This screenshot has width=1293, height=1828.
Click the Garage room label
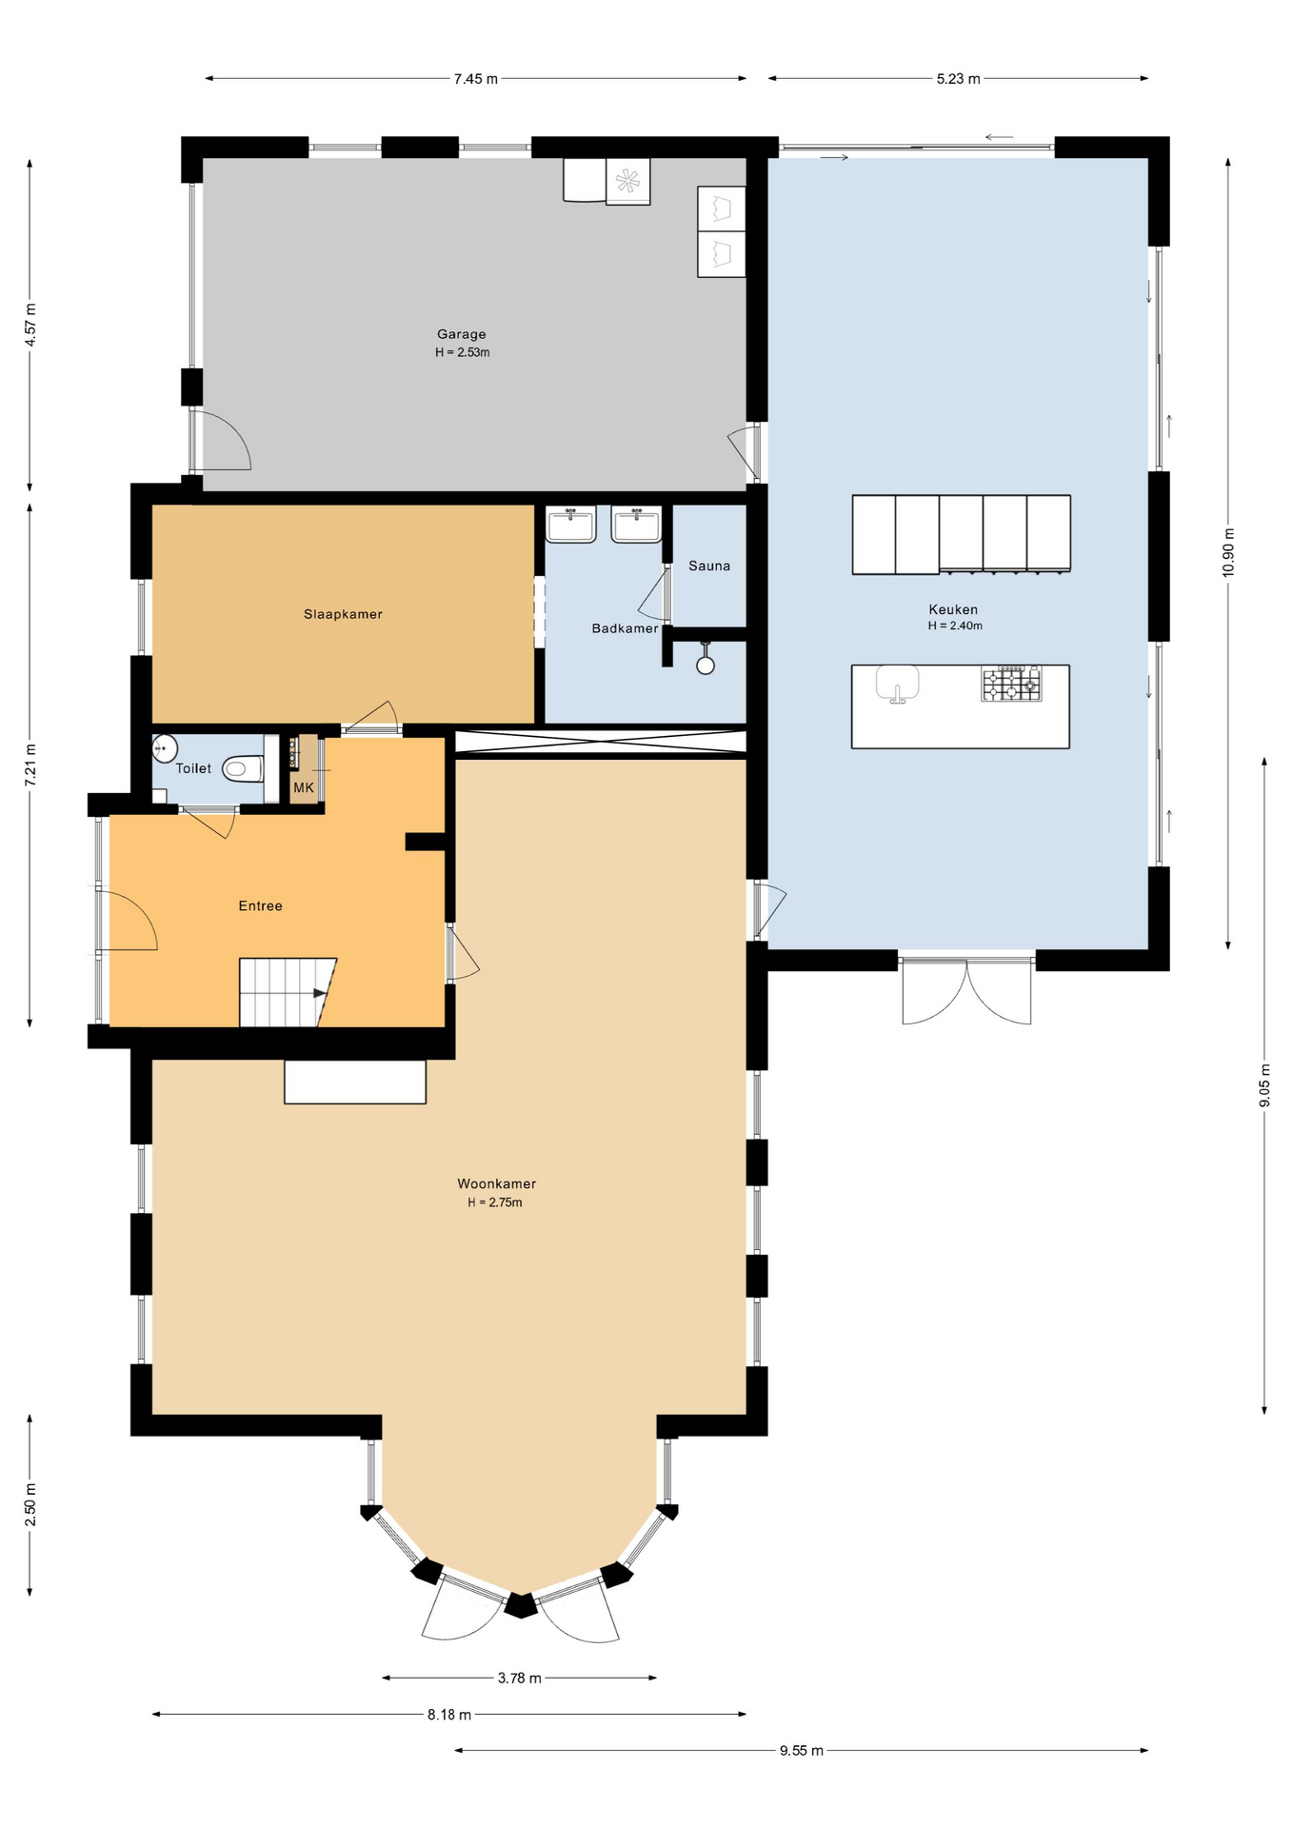[x=462, y=334]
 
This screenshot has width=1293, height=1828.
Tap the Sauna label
[x=709, y=566]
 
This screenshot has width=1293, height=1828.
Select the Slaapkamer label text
[x=343, y=614]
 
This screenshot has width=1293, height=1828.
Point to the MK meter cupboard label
[x=304, y=787]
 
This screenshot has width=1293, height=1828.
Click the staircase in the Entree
[x=286, y=992]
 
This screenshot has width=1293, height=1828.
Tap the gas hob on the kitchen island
[x=1011, y=684]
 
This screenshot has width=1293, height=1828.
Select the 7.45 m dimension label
[x=476, y=79]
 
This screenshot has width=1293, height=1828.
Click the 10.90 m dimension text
[x=1228, y=552]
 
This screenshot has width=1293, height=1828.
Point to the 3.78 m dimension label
[x=519, y=1678]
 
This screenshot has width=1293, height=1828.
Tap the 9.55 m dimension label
[x=802, y=1750]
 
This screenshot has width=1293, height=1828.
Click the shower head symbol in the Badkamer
[x=706, y=664]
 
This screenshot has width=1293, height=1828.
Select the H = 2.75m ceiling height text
[x=495, y=1202]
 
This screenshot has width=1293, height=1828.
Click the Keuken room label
[x=953, y=609]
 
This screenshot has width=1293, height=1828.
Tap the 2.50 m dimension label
[x=30, y=1504]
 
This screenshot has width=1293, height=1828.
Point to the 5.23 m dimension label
[x=958, y=79]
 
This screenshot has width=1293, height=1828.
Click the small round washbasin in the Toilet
[x=165, y=748]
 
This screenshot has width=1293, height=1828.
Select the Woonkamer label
[x=496, y=1183]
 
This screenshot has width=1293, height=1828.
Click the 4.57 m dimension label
[x=30, y=325]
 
